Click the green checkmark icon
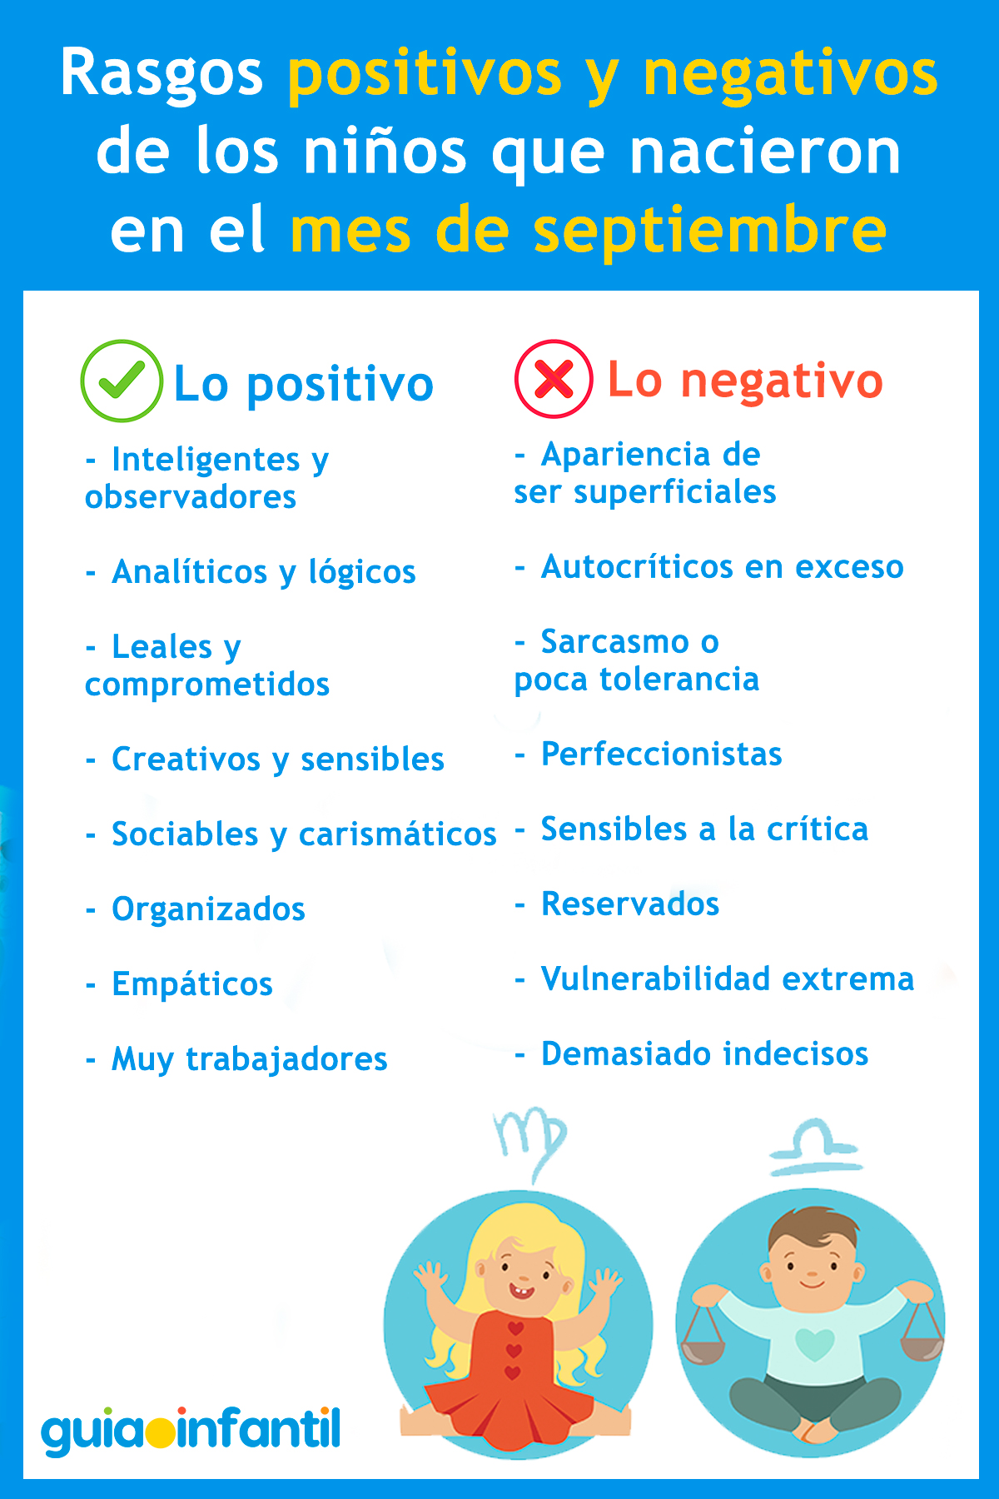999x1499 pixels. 122,381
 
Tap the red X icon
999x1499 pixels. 554,380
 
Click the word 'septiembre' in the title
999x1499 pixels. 709,231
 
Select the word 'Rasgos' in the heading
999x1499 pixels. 162,73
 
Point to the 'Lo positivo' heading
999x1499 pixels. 303,384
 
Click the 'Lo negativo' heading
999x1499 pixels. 744,381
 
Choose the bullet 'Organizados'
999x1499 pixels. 208,909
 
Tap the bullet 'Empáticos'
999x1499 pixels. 192,984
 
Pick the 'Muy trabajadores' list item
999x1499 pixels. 249,1058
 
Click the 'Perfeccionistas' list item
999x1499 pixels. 661,754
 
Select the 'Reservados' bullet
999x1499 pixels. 630,904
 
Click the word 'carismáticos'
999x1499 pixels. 397,834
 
